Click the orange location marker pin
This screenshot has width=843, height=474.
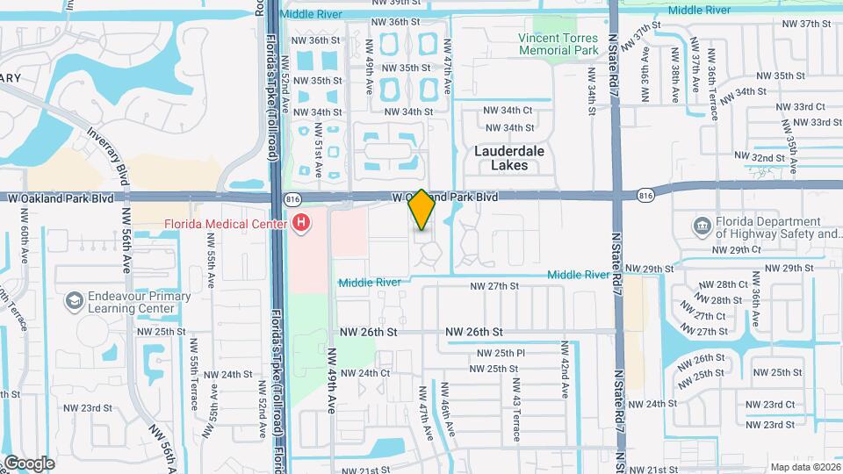pyautogui.click(x=421, y=209)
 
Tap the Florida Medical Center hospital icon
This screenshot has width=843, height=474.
pyautogui.click(x=302, y=224)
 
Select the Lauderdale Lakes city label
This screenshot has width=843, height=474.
pyautogui.click(x=509, y=158)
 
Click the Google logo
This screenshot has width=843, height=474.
pyautogui.click(x=28, y=463)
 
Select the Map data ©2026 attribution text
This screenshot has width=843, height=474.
pyautogui.click(x=805, y=467)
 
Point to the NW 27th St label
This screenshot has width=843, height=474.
pyautogui.click(x=496, y=286)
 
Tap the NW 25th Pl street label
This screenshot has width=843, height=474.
pyautogui.click(x=501, y=353)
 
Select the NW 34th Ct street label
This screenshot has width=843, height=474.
pyautogui.click(x=508, y=110)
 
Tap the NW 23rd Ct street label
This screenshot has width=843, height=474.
pyautogui.click(x=769, y=405)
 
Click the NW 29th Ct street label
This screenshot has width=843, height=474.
pyautogui.click(x=736, y=250)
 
